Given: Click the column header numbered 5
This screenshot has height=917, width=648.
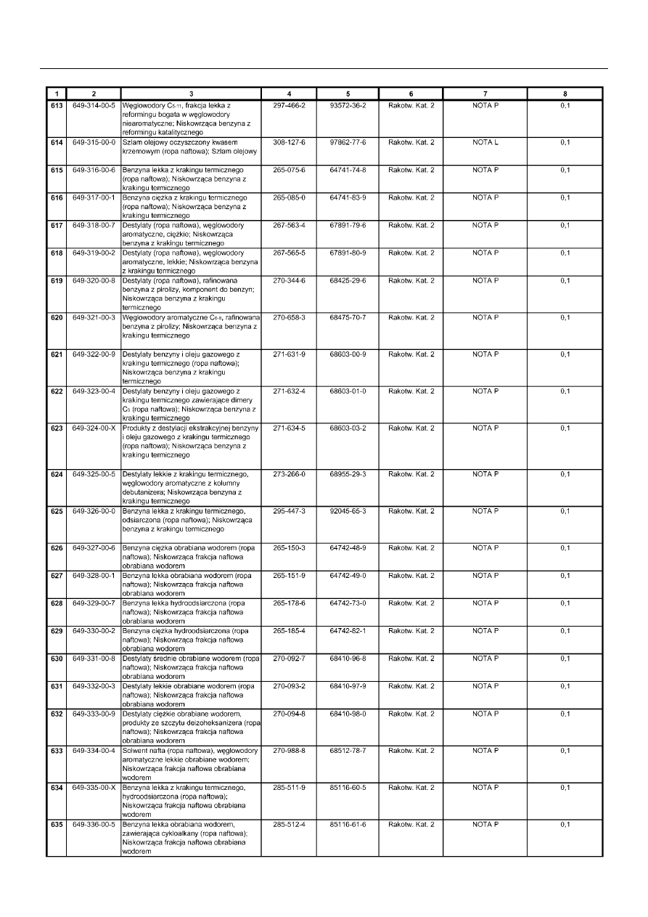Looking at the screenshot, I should click(348, 94).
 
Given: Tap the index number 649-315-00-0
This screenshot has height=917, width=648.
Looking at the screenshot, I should click(94, 142).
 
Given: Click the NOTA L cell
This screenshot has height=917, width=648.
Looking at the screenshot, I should click(485, 142).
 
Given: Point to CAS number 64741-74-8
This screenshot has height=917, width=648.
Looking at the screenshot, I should click(348, 170).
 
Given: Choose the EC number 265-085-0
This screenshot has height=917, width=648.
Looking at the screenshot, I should click(289, 197).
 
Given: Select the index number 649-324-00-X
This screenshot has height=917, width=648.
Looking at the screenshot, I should click(94, 428).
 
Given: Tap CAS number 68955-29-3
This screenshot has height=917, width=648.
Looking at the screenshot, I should click(348, 474).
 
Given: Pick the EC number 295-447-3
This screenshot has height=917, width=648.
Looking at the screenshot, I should click(289, 511).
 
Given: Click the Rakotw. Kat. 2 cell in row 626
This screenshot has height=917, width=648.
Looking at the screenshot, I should click(411, 547).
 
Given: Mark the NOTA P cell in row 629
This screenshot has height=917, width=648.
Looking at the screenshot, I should click(485, 631).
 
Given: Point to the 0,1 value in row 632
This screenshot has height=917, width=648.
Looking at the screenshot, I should click(565, 714).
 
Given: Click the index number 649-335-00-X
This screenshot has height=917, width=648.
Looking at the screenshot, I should click(94, 788).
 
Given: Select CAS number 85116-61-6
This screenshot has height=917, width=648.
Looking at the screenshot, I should click(348, 825).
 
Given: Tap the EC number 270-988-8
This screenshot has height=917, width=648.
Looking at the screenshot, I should click(289, 751).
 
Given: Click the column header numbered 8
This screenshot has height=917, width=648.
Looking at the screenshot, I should click(565, 94).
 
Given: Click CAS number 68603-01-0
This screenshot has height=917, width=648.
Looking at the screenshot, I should click(348, 391).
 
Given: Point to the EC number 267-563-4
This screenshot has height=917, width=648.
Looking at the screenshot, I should click(289, 225).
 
